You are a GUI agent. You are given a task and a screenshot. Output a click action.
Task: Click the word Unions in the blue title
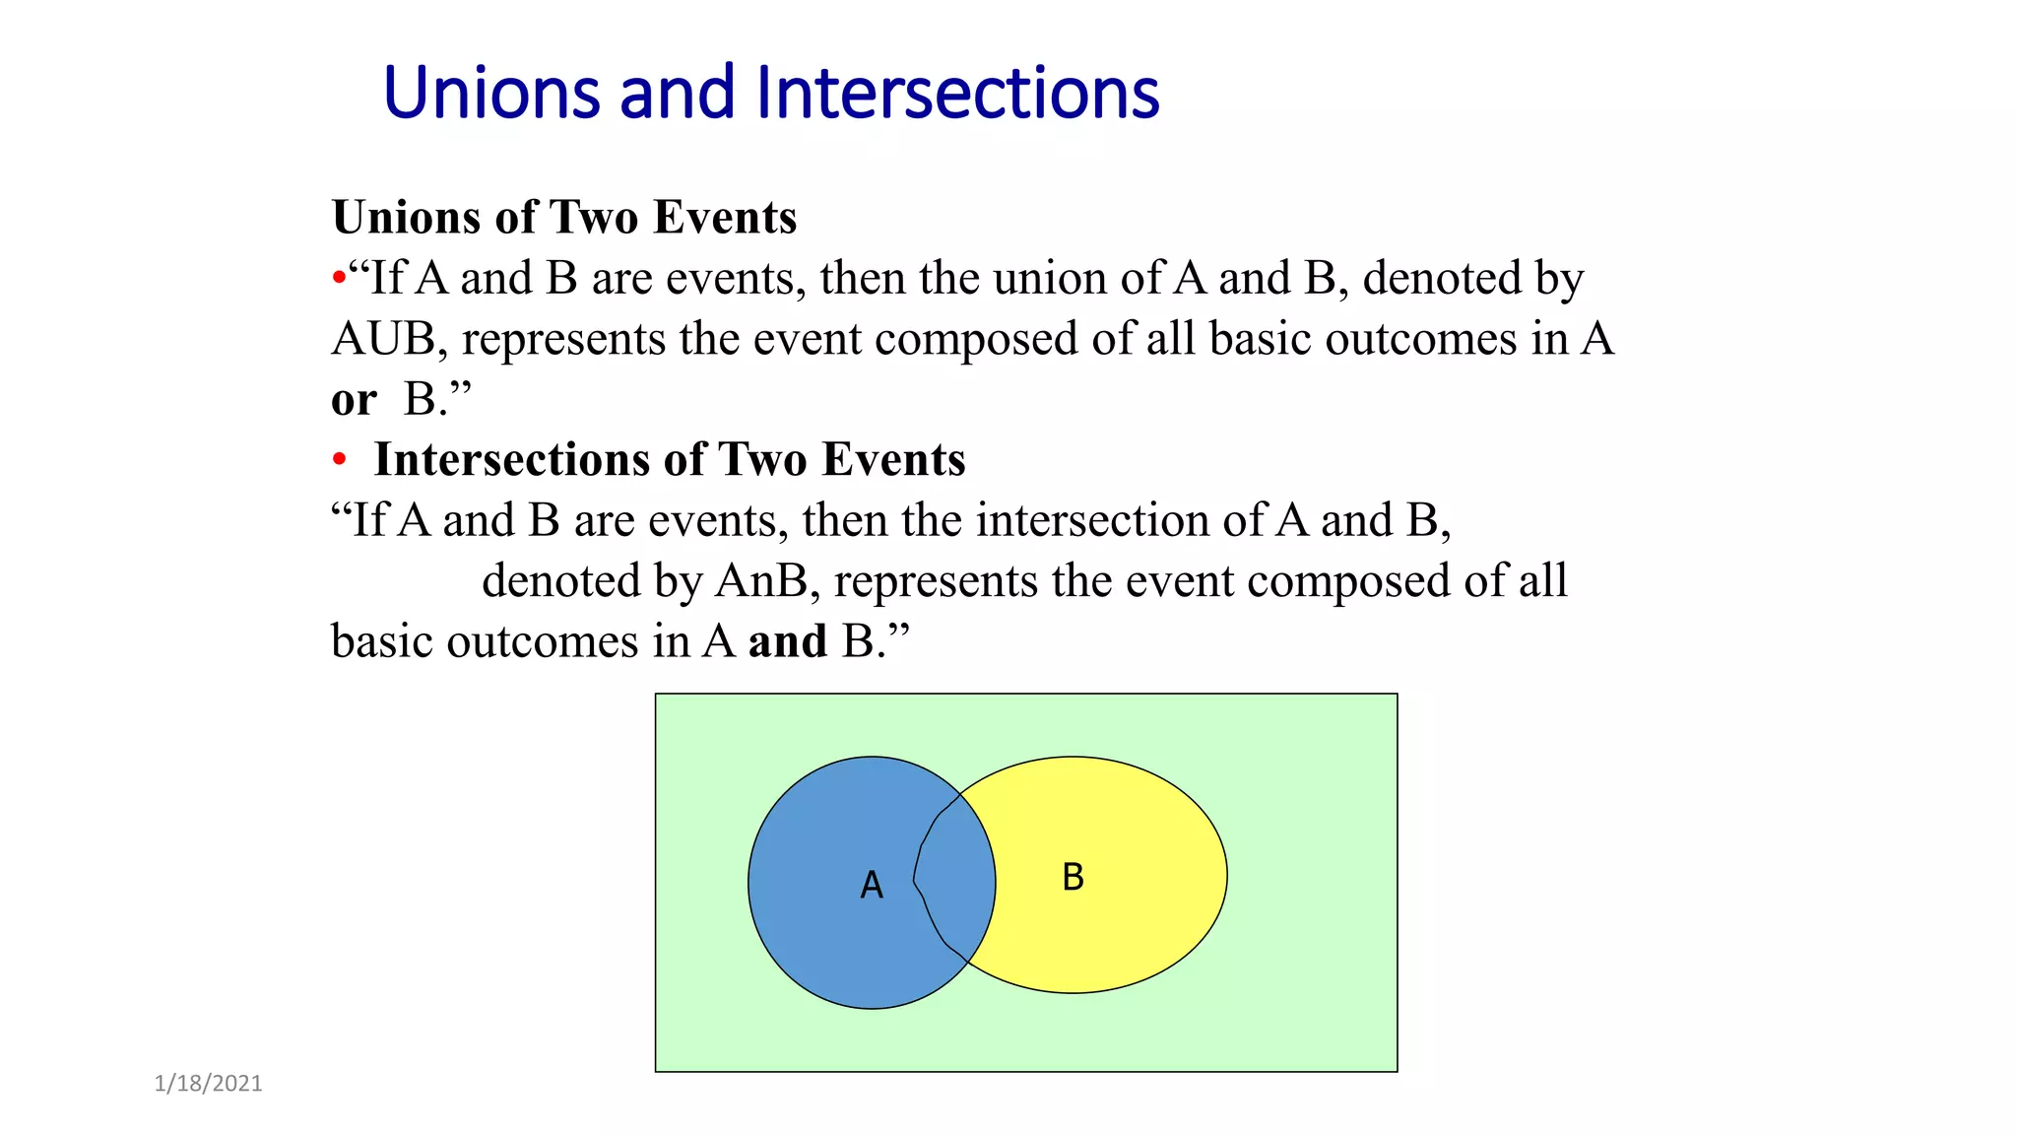(x=490, y=94)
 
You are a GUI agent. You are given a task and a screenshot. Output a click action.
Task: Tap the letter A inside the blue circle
(x=872, y=885)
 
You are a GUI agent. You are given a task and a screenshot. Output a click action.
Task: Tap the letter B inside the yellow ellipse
(x=1073, y=877)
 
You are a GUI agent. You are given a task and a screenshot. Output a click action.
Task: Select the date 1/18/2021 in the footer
(x=209, y=1084)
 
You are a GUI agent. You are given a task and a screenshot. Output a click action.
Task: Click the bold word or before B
(x=354, y=400)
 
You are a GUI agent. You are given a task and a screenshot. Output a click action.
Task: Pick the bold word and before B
(x=787, y=642)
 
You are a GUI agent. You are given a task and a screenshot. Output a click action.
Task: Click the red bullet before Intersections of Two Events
(x=340, y=460)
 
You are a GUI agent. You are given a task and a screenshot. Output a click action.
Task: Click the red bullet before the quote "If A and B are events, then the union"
(x=339, y=279)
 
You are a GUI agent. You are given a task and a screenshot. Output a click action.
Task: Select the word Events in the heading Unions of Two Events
(x=725, y=218)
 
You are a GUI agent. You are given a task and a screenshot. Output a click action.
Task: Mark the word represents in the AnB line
(x=936, y=581)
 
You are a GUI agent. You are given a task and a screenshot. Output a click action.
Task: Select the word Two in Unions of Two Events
(x=593, y=218)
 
